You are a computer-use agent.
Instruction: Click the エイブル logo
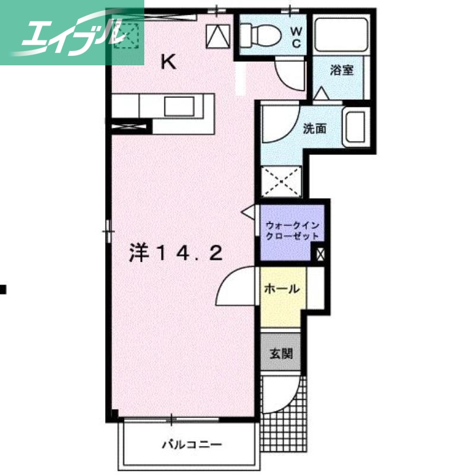(x=71, y=32)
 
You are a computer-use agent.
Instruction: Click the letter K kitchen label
(x=169, y=62)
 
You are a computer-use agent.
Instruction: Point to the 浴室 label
(x=342, y=71)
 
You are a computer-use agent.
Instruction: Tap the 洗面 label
(x=314, y=128)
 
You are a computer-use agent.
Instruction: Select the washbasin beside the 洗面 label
(x=355, y=128)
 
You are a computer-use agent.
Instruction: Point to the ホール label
(x=281, y=290)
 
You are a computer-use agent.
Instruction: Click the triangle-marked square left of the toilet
(x=218, y=37)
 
